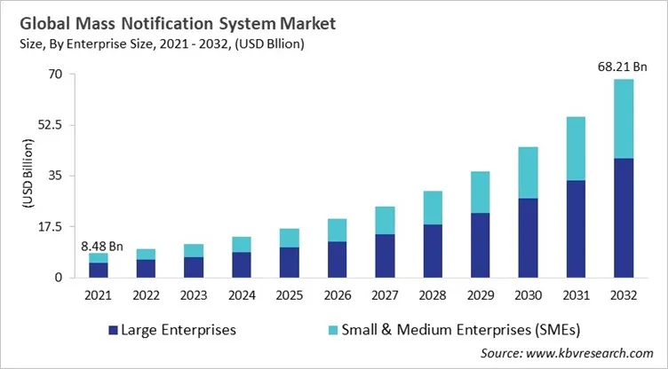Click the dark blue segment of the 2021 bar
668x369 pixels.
click(x=99, y=270)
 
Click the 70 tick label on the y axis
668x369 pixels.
click(x=54, y=75)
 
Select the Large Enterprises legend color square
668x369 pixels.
click(x=112, y=331)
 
